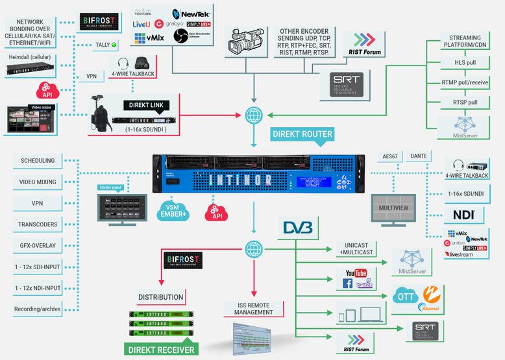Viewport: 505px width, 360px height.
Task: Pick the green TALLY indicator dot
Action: point(114,45)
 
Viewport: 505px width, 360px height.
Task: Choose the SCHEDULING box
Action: point(37,160)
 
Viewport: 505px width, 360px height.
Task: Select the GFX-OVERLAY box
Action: point(37,246)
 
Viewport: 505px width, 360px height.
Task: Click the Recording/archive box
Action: point(37,309)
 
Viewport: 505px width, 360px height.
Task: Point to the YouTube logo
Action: point(356,272)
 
